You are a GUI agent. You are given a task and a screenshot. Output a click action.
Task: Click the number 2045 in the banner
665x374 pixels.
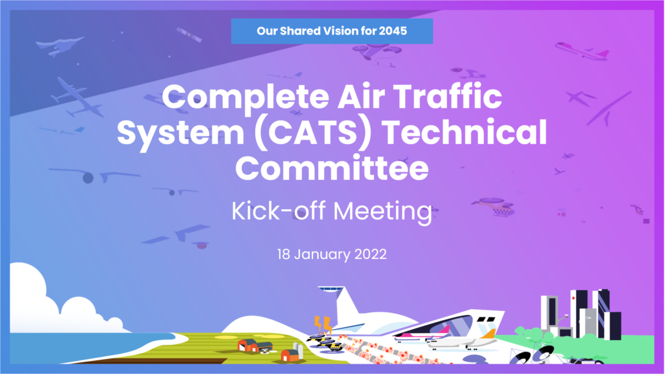(393, 31)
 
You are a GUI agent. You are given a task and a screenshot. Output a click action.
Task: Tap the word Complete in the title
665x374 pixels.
(245, 97)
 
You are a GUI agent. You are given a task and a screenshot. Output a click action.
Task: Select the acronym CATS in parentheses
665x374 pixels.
(313, 132)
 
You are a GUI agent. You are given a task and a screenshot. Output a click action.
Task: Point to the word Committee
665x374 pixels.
(332, 168)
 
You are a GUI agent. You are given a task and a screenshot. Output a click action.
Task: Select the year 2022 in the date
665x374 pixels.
(370, 255)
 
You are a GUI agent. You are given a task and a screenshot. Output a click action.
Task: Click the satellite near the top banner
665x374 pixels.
(189, 34)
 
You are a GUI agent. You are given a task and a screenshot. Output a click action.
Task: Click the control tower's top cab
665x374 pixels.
(331, 289)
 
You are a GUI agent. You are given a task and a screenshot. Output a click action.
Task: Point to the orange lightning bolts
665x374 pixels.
(323, 325)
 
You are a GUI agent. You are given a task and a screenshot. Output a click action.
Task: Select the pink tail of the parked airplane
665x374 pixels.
(444, 329)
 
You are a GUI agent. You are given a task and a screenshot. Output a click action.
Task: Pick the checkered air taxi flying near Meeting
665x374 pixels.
(494, 206)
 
